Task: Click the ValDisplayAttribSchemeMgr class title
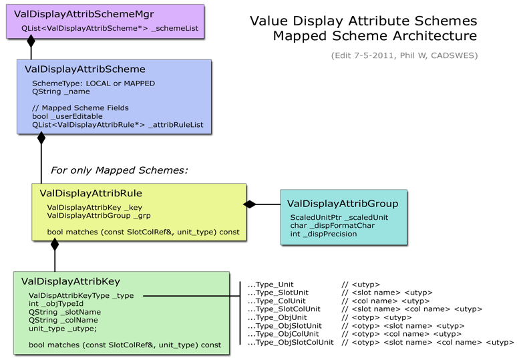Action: tap(83, 14)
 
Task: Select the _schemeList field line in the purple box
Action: tap(110, 28)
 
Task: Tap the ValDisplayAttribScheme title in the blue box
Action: tap(85, 69)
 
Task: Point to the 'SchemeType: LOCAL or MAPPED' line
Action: tap(94, 83)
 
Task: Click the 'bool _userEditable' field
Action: tap(67, 116)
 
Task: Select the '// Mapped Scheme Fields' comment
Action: tap(80, 108)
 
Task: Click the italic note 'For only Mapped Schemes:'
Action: tap(119, 170)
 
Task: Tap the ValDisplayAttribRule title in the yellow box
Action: tap(91, 193)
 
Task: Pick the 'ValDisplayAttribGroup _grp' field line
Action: tap(99, 216)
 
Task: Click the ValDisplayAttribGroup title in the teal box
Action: tap(343, 204)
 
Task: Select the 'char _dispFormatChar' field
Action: tap(332, 226)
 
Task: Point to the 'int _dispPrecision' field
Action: tap(324, 234)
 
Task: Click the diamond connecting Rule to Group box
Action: tap(250, 204)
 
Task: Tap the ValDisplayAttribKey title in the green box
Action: tap(70, 281)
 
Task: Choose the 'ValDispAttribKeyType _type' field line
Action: tap(81, 296)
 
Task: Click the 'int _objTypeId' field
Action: tap(56, 303)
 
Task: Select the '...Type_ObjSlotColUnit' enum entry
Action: tap(291, 343)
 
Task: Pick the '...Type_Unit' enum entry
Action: tap(271, 285)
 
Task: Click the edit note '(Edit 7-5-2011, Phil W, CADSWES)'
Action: tap(404, 55)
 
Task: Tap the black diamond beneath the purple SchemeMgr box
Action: tap(31, 41)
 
